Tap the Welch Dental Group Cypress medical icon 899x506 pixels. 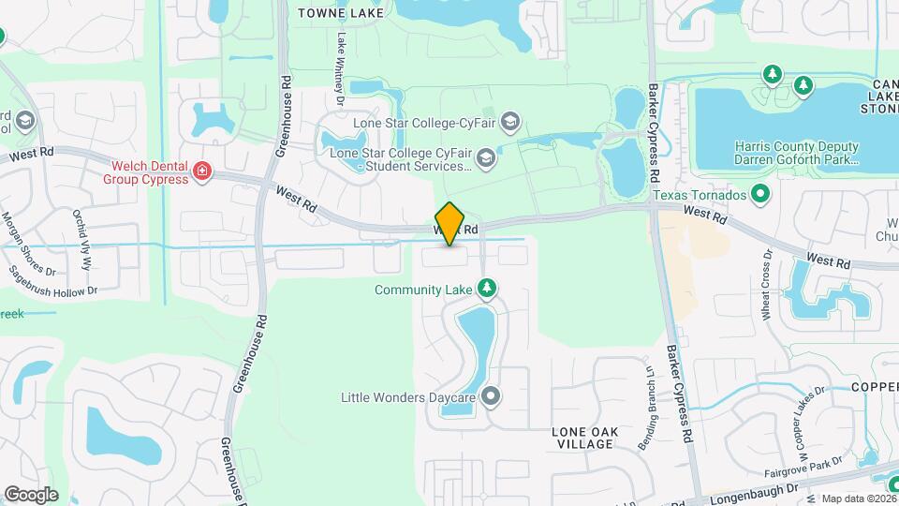[x=201, y=171]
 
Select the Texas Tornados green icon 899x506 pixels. [x=760, y=195]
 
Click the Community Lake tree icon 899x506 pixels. [x=486, y=288]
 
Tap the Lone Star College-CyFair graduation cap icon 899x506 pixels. [x=509, y=122]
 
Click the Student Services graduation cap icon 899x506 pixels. [x=485, y=157]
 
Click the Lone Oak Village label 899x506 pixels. [x=582, y=437]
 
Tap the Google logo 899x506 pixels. [x=31, y=494]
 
